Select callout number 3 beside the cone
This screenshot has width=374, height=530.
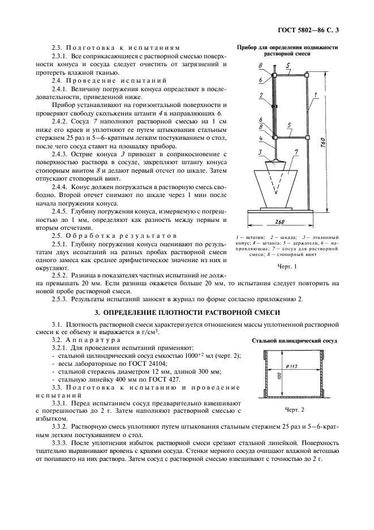tap(259, 152)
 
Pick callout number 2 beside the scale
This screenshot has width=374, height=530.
tap(260, 96)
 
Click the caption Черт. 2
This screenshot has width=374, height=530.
tap(294, 409)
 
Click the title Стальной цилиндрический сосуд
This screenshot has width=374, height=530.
tap(294, 341)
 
